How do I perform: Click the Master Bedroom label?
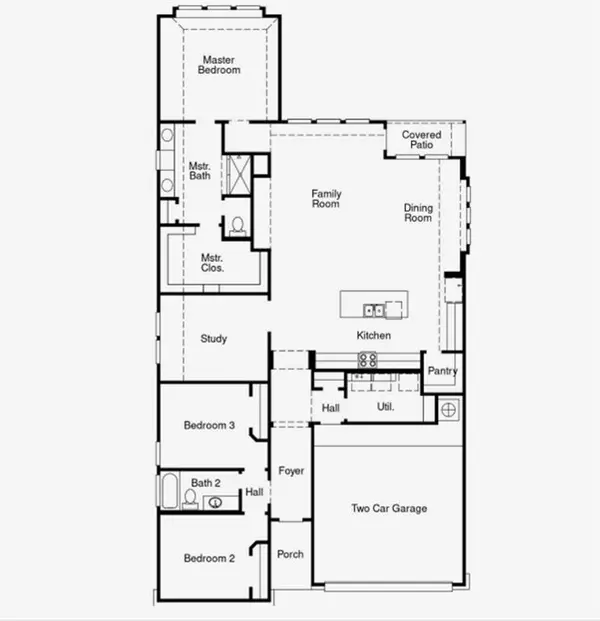point(219,65)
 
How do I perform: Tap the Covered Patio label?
point(421,140)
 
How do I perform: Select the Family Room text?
point(326,198)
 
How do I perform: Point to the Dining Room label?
point(418,212)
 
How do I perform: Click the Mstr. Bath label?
point(200,171)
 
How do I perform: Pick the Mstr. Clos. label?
point(212,262)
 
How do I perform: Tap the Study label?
point(213,339)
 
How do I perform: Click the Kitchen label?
point(374,335)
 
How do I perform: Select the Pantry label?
point(442,371)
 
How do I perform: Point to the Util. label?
point(385,407)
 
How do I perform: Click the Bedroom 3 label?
point(209,426)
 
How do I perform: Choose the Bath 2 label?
point(206,482)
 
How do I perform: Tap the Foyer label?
point(291,470)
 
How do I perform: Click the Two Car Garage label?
point(388,509)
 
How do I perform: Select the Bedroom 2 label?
point(209,558)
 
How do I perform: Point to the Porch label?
point(290,554)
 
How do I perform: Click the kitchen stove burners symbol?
point(368,360)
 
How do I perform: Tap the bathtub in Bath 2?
point(169,493)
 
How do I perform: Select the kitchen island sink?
point(373,309)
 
